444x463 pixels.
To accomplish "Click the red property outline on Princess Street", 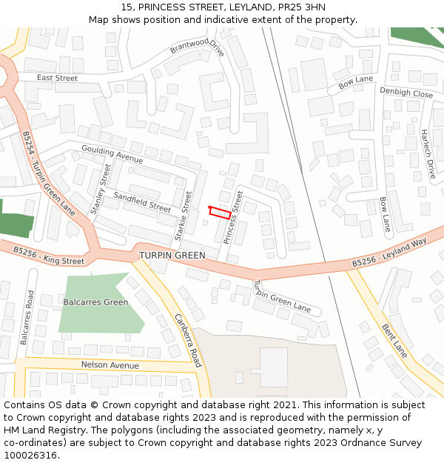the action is pyautogui.click(x=219, y=212).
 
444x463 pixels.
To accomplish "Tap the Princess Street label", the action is pyautogui.click(x=233, y=217).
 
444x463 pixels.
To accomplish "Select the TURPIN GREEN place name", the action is pyautogui.click(x=172, y=256).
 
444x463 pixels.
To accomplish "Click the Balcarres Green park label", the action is pyautogui.click(x=95, y=302).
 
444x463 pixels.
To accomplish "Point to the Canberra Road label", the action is pyautogui.click(x=188, y=340).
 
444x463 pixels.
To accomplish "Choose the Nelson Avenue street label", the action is pyautogui.click(x=110, y=365).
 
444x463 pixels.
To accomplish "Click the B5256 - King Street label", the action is pyautogui.click(x=49, y=256).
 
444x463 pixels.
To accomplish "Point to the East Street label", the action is pyautogui.click(x=57, y=78).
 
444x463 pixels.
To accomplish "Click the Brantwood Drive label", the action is pyautogui.click(x=197, y=48).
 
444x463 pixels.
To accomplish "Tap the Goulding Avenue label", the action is pyautogui.click(x=112, y=154).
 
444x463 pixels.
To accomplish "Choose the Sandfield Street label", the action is pyautogui.click(x=142, y=201).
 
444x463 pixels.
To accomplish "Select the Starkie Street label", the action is pyautogui.click(x=183, y=216).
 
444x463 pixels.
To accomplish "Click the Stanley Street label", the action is pyautogui.click(x=101, y=190).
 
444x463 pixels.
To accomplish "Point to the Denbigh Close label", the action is pyautogui.click(x=406, y=93).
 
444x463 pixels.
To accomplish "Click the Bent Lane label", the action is pyautogui.click(x=394, y=340).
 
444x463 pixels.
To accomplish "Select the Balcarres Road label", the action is pyautogui.click(x=27, y=316).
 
